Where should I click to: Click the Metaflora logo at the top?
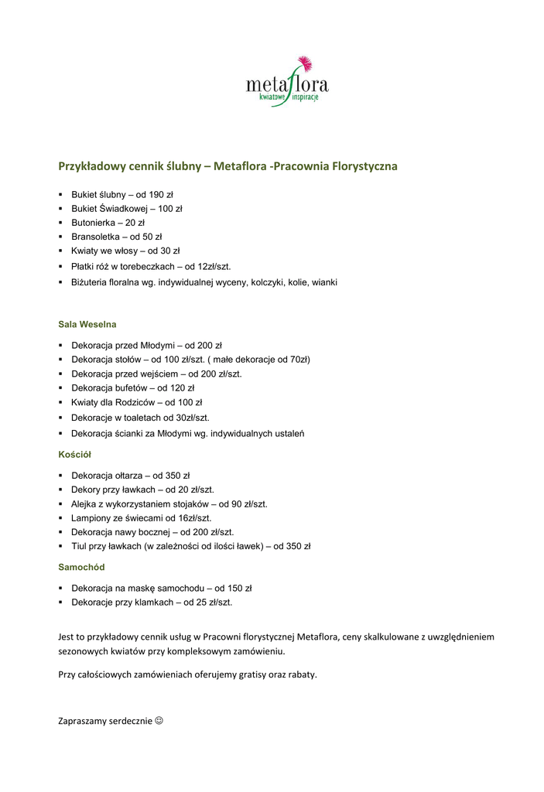(287, 81)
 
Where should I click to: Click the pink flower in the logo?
(304, 63)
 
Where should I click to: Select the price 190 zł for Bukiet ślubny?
(161, 194)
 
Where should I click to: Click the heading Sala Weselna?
(87, 324)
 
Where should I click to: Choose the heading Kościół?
(75, 455)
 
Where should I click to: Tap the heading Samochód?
(81, 567)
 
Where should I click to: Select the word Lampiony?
(92, 518)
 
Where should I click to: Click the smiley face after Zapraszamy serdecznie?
(159, 721)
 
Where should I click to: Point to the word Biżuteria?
(93, 282)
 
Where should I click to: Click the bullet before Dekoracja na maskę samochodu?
(61, 588)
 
